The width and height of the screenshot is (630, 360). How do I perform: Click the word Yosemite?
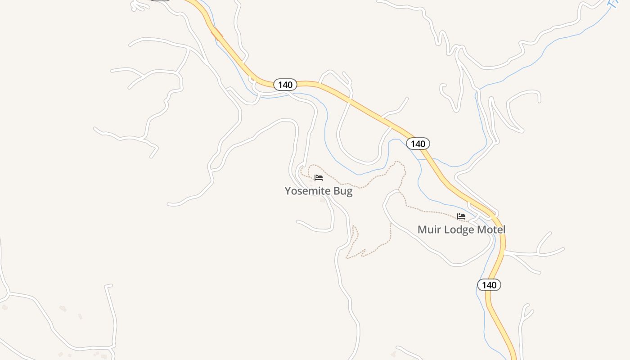pyautogui.click(x=307, y=191)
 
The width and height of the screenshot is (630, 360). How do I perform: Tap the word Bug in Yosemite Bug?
pyautogui.click(x=343, y=191)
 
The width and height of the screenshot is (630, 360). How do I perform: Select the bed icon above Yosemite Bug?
pyautogui.click(x=319, y=178)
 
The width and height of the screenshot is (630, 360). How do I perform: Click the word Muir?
pyautogui.click(x=428, y=229)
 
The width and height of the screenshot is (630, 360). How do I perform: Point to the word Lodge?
pyautogui.click(x=457, y=229)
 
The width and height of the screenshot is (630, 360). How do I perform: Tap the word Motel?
pyautogui.click(x=491, y=229)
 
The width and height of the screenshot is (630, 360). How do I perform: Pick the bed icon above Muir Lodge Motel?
pyautogui.click(x=461, y=216)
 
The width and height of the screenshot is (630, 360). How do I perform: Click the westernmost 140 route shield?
pyautogui.click(x=285, y=85)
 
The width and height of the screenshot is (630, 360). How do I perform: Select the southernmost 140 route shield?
pyautogui.click(x=489, y=285)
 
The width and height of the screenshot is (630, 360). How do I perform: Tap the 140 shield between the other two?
pyautogui.click(x=418, y=144)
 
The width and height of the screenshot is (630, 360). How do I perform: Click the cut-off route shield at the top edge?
pyautogui.click(x=160, y=0)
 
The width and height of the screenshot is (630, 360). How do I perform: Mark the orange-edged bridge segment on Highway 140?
pyautogui.click(x=217, y=34)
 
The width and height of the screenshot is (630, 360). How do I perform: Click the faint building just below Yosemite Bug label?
pyautogui.click(x=322, y=200)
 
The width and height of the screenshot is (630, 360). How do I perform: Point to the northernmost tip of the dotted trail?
pyautogui.click(x=396, y=162)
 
